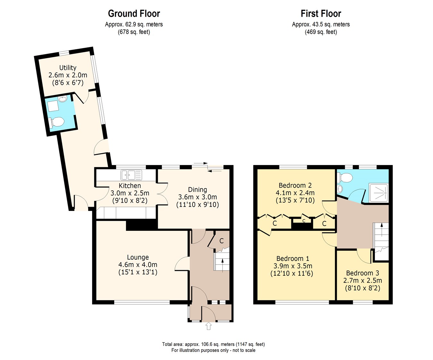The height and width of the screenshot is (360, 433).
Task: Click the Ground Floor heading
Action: (x=134, y=14)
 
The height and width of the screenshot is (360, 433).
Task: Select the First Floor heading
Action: (x=321, y=14)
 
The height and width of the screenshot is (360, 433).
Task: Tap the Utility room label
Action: (x=68, y=68)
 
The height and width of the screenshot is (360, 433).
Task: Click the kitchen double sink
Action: (x=131, y=175)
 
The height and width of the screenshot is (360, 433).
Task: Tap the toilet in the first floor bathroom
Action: (x=345, y=178)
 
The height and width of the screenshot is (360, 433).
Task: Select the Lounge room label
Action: (x=138, y=257)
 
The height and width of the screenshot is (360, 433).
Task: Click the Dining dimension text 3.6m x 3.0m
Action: (x=198, y=197)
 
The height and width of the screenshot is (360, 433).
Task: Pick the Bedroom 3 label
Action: (x=362, y=273)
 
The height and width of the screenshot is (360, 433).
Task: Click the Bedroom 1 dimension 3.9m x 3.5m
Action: (x=293, y=266)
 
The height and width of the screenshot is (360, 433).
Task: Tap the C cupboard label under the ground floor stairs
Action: (x=222, y=241)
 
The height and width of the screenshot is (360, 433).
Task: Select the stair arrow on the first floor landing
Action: (x=382, y=230)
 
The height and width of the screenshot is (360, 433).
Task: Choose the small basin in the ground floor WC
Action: (x=63, y=99)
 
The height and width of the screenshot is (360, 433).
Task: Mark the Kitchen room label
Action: (x=130, y=186)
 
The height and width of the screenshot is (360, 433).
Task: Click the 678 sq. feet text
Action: (x=134, y=32)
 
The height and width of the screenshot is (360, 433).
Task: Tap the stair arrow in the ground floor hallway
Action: (x=223, y=265)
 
